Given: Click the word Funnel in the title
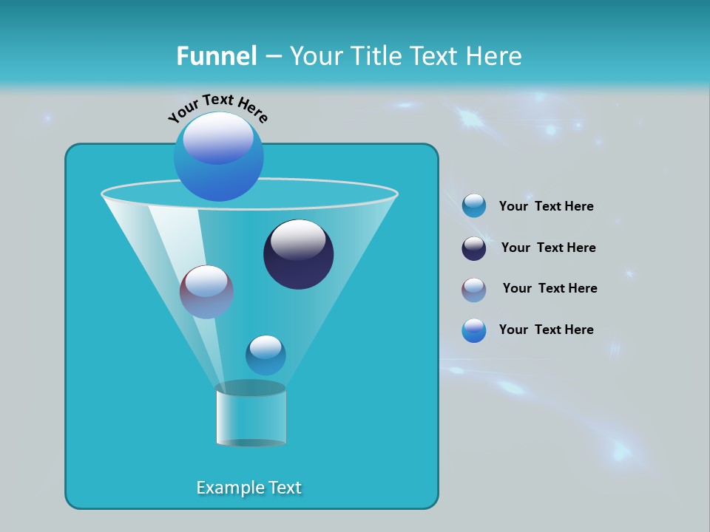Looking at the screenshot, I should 216,56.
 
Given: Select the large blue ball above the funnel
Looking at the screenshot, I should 219,156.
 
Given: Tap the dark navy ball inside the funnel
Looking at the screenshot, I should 299,255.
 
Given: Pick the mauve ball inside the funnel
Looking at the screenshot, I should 206,292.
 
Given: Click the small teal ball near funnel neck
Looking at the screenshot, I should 266,355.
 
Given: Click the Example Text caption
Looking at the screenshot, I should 249,488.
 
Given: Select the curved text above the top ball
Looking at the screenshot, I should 217,106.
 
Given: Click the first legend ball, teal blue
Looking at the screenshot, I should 474,206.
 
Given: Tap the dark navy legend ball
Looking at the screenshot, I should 474,248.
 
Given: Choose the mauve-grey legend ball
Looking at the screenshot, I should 474,290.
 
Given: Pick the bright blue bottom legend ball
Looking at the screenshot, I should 474,330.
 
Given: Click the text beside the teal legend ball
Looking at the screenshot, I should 546,206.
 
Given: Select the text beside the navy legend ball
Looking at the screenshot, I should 548,248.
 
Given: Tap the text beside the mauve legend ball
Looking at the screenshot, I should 550,288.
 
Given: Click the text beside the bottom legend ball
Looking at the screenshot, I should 546,330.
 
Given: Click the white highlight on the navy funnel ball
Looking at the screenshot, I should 298,239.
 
